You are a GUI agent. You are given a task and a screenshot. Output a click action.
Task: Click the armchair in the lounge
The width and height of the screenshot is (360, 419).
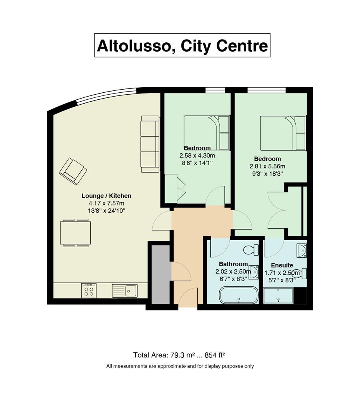pyautogui.click(x=73, y=171)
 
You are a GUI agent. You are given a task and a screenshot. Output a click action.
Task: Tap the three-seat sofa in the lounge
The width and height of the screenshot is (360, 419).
pyautogui.click(x=150, y=144)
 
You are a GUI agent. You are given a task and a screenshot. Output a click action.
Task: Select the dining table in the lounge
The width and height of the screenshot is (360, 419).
pyautogui.click(x=75, y=233)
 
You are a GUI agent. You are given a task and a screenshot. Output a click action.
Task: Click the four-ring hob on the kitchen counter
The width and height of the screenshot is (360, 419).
pyautogui.click(x=89, y=291)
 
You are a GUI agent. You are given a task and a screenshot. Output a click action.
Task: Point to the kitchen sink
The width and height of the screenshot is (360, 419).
pyautogui.click(x=125, y=291)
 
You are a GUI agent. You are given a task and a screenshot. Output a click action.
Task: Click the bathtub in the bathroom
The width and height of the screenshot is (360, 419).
pyautogui.click(x=239, y=295)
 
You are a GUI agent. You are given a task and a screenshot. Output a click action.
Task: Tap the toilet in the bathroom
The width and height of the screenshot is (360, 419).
pyautogui.click(x=251, y=250)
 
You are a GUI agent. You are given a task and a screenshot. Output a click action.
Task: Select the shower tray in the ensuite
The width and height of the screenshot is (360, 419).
pyautogui.click(x=278, y=296)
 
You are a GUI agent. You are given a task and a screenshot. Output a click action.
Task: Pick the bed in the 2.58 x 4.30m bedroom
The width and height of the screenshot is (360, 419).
pyautogui.click(x=207, y=133)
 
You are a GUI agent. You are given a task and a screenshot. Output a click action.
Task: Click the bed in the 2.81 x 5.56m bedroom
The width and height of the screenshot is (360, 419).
pyautogui.click(x=283, y=133)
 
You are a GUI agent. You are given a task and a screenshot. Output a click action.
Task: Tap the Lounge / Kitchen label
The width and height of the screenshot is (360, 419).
pyautogui.click(x=106, y=196)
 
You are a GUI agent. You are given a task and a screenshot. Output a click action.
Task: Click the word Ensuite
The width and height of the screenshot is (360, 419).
pyautogui.click(x=282, y=265)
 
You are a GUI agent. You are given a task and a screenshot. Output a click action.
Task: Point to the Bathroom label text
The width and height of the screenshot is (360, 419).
pyautogui.click(x=233, y=264)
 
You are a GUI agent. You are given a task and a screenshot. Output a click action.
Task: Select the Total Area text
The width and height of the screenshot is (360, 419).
pyautogui.click(x=179, y=355)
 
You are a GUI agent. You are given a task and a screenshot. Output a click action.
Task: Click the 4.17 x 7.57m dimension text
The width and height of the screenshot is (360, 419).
pyautogui.click(x=107, y=203)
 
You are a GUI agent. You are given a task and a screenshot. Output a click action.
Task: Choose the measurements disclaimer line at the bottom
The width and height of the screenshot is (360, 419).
pyautogui.click(x=180, y=366)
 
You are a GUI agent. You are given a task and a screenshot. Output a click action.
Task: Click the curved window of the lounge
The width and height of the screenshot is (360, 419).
pyautogui.click(x=106, y=96)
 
